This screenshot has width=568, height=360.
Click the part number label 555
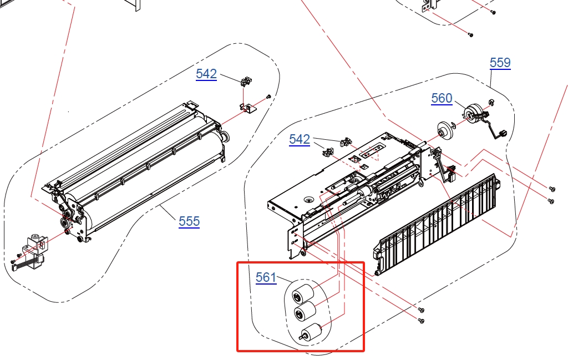click(x=189, y=221)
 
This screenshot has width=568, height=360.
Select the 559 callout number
click(x=500, y=63)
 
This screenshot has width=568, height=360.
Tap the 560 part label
click(x=442, y=98)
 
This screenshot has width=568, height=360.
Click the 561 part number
click(x=266, y=277)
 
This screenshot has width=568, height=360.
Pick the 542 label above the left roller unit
click(x=206, y=74)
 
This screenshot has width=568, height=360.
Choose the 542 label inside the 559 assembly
click(x=300, y=139)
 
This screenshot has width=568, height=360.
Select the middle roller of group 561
click(x=305, y=311)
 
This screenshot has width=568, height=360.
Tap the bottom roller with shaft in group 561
click(x=311, y=332)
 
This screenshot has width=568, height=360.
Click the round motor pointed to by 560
click(x=474, y=113)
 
